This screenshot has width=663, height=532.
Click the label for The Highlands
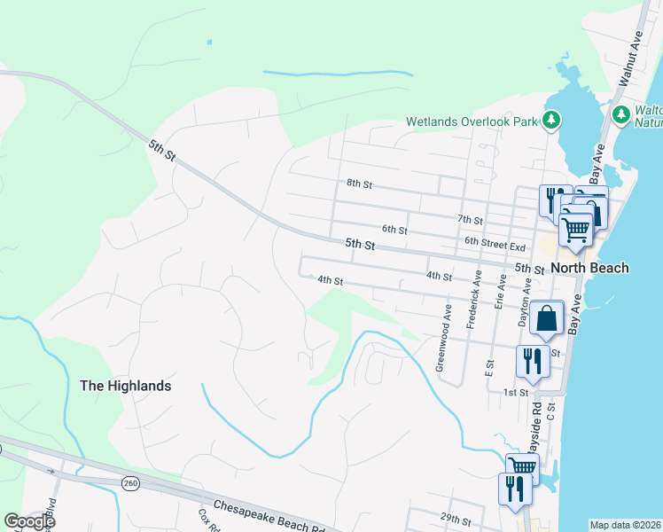[125, 386]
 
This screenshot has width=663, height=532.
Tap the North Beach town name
[589, 268]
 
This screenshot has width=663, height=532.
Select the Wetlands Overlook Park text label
[472, 121]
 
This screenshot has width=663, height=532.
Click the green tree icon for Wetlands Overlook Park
[552, 119]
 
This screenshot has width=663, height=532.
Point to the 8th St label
[359, 184]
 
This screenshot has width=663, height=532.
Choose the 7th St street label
[470, 219]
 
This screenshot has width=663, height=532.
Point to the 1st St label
[516, 392]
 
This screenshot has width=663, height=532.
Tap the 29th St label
[454, 516]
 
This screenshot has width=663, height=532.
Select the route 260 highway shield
[131, 482]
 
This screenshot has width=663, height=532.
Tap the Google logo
[29, 521]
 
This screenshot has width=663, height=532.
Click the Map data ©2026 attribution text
[625, 525]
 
